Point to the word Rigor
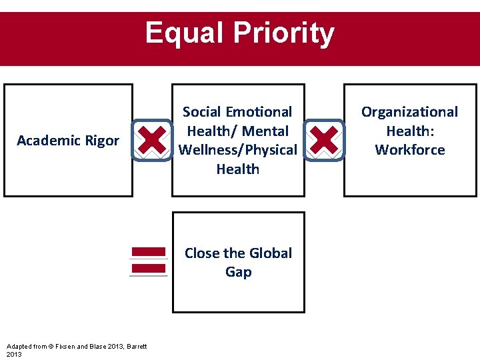[102, 141]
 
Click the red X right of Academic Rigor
[153, 141]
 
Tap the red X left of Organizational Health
[324, 141]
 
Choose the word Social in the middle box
[203, 112]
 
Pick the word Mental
[266, 131]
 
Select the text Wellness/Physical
[238, 150]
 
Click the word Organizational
[409, 112]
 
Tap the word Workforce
[409, 150]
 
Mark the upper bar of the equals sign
[148, 252]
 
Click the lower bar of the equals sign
[148, 269]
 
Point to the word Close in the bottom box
[203, 253]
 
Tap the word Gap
[238, 272]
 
